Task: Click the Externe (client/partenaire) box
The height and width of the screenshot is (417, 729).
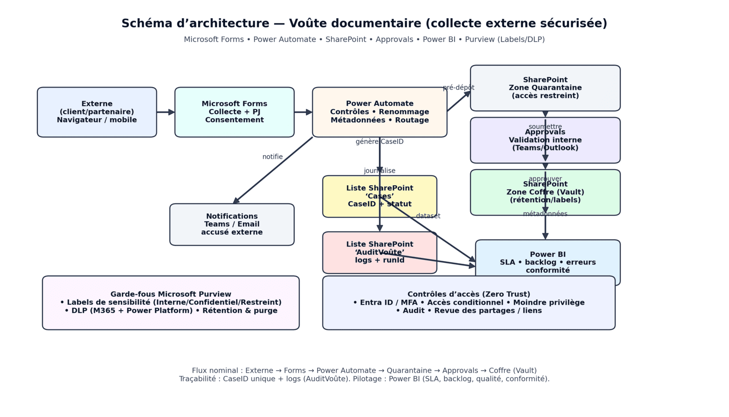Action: click(x=97, y=112)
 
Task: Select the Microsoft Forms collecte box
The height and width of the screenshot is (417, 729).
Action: click(x=234, y=112)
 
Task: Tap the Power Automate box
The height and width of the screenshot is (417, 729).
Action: click(x=379, y=112)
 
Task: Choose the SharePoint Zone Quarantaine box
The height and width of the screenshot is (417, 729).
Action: click(x=545, y=88)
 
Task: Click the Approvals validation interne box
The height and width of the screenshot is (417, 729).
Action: click(x=545, y=140)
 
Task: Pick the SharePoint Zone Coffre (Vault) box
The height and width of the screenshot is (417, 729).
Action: click(x=545, y=192)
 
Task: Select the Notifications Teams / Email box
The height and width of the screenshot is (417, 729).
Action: click(x=231, y=224)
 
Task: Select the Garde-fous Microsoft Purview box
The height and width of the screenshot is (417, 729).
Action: click(x=170, y=302)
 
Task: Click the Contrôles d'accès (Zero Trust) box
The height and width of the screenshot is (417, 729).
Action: click(x=468, y=302)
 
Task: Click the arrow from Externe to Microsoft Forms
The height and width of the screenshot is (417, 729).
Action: click(x=165, y=112)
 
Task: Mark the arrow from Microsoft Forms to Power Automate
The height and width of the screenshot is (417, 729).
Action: click(x=303, y=112)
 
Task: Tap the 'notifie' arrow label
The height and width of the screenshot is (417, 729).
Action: click(x=272, y=157)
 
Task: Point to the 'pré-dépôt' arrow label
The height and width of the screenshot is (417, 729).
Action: click(x=458, y=88)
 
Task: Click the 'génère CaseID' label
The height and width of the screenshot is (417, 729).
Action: click(x=379, y=142)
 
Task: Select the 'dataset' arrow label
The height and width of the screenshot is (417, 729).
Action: click(x=428, y=216)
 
